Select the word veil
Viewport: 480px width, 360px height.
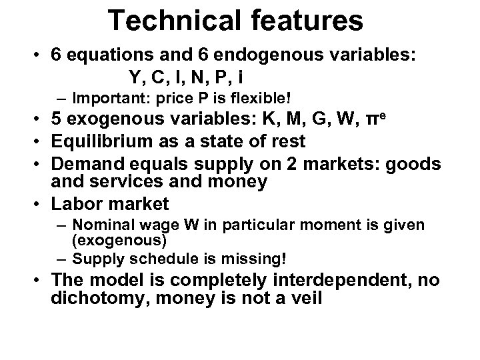(x=305, y=299)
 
